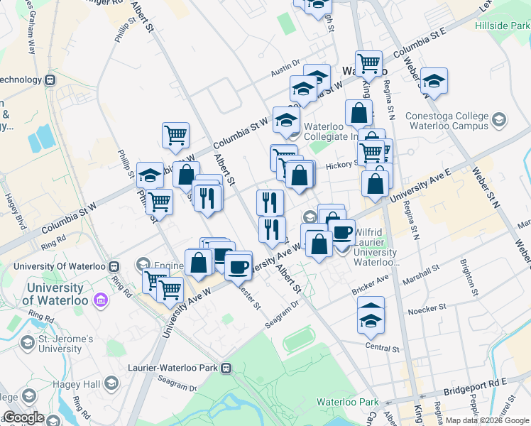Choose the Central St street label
(x=383, y=348)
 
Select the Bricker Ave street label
(x=371, y=286)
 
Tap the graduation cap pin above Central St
(x=371, y=313)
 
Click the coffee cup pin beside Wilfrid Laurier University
(x=342, y=233)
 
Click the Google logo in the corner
(x=23, y=417)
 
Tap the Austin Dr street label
(x=286, y=66)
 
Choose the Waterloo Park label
(x=349, y=402)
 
